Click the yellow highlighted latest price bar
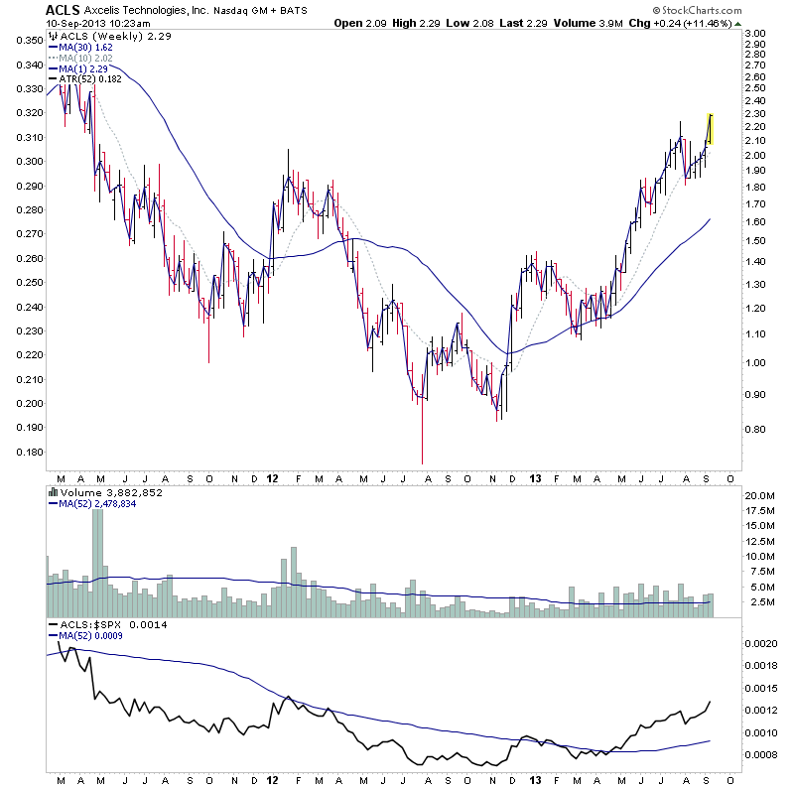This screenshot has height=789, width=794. pos(709,129)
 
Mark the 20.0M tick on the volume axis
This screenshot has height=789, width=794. pos(760,495)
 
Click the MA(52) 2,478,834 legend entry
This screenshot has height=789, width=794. pos(99,502)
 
